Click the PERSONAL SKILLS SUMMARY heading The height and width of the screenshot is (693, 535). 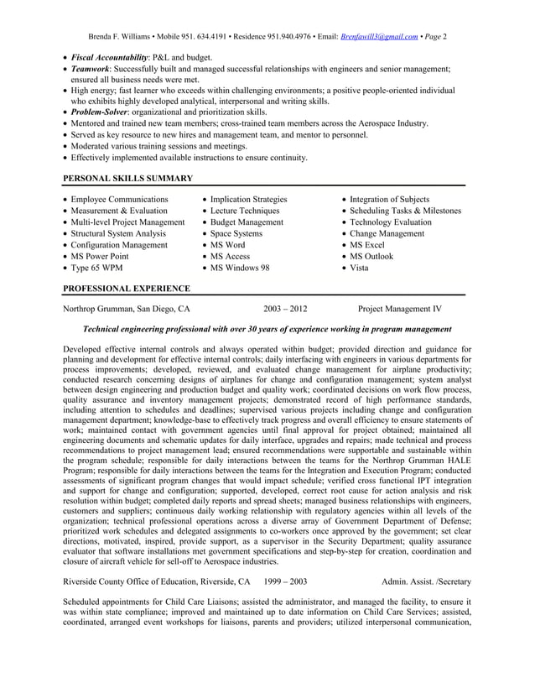128,178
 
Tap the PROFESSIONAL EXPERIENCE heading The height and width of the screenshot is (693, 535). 127,289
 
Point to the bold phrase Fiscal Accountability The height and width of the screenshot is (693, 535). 104,56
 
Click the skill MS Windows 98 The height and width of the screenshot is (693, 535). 240,268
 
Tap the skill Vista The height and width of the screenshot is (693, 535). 359,268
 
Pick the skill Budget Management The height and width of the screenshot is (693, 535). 247,222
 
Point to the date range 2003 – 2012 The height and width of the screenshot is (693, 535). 285,309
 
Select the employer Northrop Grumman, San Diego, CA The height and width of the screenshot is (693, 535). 127,309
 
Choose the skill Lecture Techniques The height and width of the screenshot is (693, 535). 245,211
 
